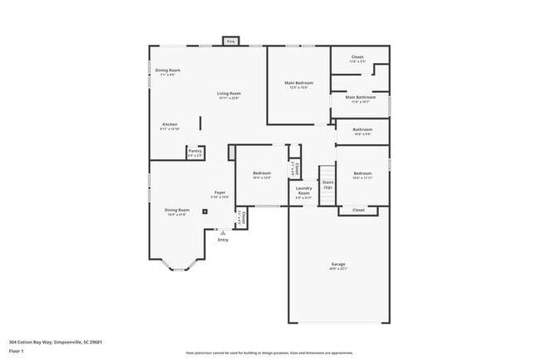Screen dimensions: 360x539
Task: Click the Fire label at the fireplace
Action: click(x=231, y=41)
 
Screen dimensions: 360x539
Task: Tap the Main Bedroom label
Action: click(x=299, y=83)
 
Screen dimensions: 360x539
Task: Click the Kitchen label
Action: click(x=169, y=124)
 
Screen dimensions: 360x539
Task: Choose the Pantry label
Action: click(x=195, y=151)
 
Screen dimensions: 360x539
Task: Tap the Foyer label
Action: click(x=220, y=192)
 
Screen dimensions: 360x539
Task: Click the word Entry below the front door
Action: click(x=223, y=240)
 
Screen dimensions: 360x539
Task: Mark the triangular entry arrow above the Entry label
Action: click(x=223, y=232)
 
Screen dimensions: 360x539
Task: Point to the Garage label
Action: click(x=338, y=264)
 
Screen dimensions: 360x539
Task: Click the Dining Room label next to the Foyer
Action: click(x=177, y=210)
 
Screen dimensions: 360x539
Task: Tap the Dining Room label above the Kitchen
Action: click(x=168, y=70)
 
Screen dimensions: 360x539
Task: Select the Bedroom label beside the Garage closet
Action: click(x=362, y=173)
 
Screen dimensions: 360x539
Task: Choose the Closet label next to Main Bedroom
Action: click(x=357, y=58)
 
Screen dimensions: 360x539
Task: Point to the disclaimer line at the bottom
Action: click(x=269, y=353)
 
